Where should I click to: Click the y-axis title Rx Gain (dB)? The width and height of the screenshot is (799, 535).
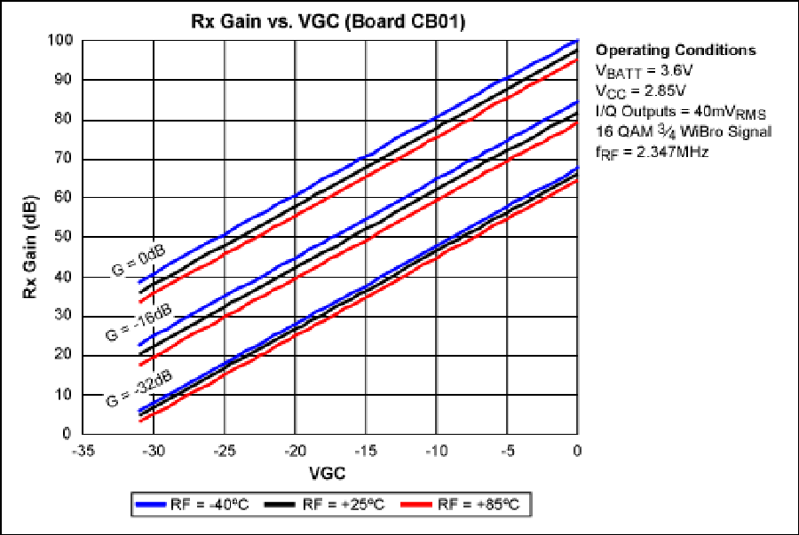pyautogui.click(x=29, y=237)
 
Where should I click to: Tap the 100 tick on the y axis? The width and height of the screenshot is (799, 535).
pyautogui.click(x=59, y=41)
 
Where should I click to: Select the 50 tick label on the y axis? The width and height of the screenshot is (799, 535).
pyautogui.click(x=63, y=238)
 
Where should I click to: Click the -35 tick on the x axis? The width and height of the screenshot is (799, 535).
pyautogui.click(x=83, y=449)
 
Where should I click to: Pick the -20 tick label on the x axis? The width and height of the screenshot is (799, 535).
pyautogui.click(x=295, y=449)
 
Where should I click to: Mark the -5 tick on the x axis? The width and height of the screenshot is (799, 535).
pyautogui.click(x=507, y=449)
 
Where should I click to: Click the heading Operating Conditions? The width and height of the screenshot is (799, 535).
pyautogui.click(x=675, y=50)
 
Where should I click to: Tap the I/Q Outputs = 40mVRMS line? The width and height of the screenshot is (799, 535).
pyautogui.click(x=680, y=111)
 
